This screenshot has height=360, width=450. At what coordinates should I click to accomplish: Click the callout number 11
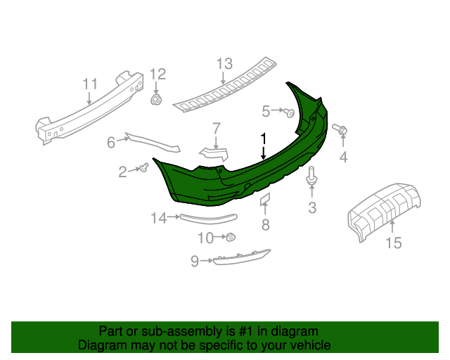pos(89,84)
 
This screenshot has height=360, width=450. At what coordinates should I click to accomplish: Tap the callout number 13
pos(224,65)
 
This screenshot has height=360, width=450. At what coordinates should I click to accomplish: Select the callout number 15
pos(393,243)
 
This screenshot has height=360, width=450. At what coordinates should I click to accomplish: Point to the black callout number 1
pos(263,138)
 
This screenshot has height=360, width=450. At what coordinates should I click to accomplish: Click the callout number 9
pos(195,262)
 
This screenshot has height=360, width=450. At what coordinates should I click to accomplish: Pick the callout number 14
pos(157,219)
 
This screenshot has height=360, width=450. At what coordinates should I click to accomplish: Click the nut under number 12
pos(156,101)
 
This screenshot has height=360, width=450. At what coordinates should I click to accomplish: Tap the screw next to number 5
pos(289,112)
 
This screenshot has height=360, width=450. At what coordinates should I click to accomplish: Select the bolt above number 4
pos(343,130)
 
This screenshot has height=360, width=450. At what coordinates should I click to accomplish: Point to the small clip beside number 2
pos(144,167)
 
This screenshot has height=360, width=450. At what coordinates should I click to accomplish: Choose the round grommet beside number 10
pos(231,238)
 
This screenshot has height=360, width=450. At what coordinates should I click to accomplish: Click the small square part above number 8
pos(266,200)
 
